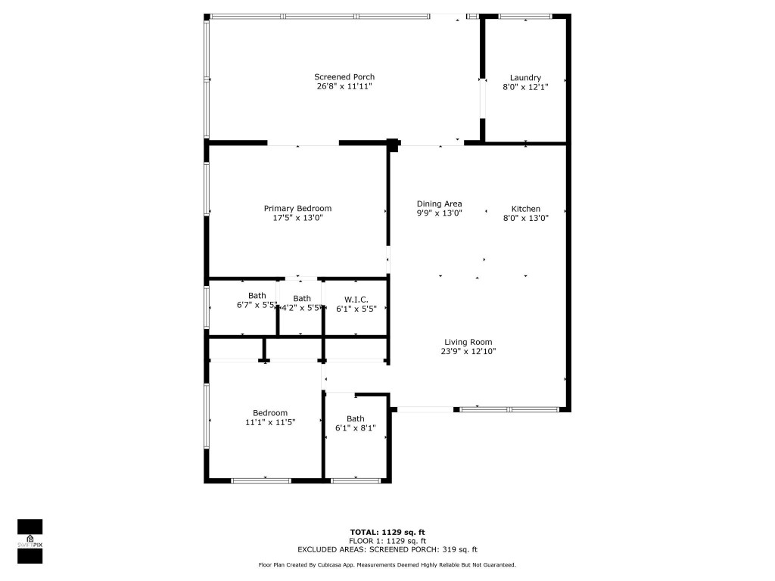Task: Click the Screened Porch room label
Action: [x=344, y=77]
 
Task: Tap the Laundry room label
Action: [x=525, y=78]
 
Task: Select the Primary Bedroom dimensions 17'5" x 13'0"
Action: [x=297, y=218]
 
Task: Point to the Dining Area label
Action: [x=439, y=204]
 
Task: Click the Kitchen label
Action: [x=525, y=209]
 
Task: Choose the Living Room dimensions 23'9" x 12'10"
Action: [x=468, y=351]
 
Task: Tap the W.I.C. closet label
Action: [x=356, y=300]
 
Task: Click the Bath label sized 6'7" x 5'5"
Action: [x=257, y=296]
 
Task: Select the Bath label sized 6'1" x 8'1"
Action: [x=355, y=419]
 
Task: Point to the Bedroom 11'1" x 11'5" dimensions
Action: [x=269, y=422]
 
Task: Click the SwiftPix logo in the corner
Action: [x=30, y=542]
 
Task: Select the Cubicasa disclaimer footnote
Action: [x=387, y=565]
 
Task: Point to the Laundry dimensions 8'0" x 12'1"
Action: [x=525, y=87]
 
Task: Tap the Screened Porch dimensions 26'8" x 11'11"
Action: [x=344, y=86]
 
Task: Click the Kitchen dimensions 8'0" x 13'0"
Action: [x=525, y=218]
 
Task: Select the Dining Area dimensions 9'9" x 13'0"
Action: [x=439, y=213]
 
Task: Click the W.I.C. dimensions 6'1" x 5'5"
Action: [x=356, y=309]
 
